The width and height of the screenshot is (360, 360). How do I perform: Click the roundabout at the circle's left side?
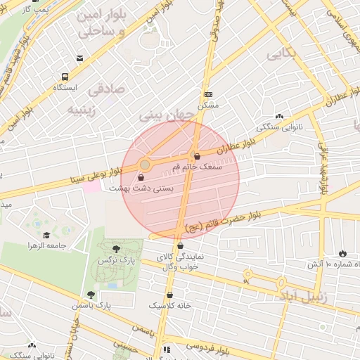coord(145,165)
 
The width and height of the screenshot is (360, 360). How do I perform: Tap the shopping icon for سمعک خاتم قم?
coord(195,156)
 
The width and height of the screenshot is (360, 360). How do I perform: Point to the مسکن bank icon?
coord(208,94)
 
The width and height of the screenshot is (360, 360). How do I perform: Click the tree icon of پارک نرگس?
coord(115,249)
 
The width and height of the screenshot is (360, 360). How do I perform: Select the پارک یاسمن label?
coord(91,306)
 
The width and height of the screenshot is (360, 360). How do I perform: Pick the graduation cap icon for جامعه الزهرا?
coord(47,235)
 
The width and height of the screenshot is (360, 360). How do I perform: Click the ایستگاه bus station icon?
coord(65,77)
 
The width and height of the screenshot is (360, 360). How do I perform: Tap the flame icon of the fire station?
coord(342,253)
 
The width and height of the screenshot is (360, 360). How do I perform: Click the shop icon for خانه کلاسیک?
coord(171,295)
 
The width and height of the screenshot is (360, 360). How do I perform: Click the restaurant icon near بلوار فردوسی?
coord(166,349)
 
